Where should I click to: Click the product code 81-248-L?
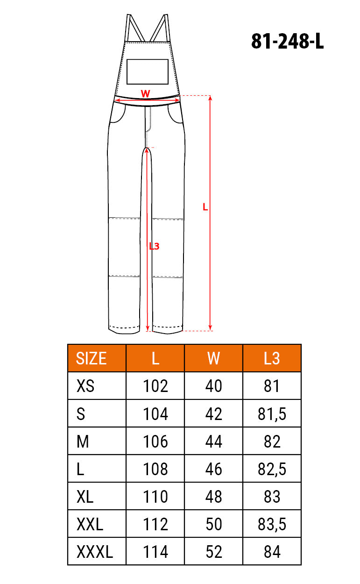tap(287, 42)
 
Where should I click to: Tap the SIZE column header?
tap(91, 358)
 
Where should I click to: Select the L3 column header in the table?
tap(272, 358)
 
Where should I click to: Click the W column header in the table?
tap(213, 358)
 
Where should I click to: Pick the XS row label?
tap(85, 386)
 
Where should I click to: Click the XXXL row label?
tap(95, 552)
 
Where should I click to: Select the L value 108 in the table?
tap(155, 469)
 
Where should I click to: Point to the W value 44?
tap(213, 441)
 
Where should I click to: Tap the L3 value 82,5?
tap(272, 469)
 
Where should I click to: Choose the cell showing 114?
tap(155, 552)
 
